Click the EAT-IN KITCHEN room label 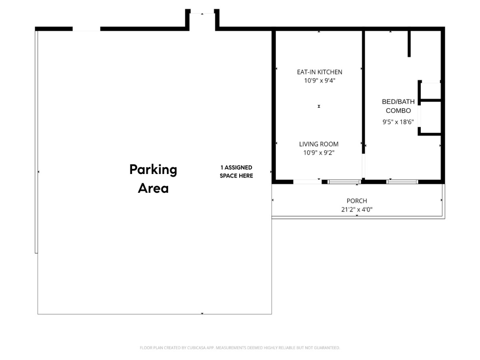[x=319, y=72]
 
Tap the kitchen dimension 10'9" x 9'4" [x=319, y=81]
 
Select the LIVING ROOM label [x=319, y=144]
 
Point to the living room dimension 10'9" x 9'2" [x=319, y=152]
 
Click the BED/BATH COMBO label [x=398, y=106]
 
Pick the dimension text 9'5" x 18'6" [x=398, y=122]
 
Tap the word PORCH [x=357, y=201]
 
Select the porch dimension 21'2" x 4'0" [x=357, y=209]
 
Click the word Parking [x=153, y=170]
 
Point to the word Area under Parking [x=153, y=188]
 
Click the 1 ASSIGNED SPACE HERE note [x=236, y=172]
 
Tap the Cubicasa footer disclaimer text [x=240, y=348]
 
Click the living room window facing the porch [x=344, y=182]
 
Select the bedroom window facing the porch [x=402, y=182]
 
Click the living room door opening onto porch [x=307, y=182]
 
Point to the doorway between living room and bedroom [x=363, y=166]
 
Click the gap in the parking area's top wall [x=86, y=29]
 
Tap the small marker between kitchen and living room [x=319, y=106]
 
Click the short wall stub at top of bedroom [x=409, y=44]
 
